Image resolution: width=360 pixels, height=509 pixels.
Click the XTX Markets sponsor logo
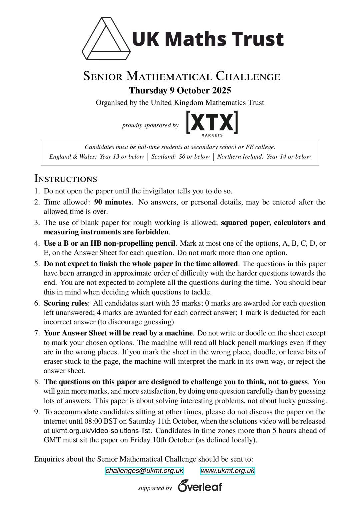click(212, 123)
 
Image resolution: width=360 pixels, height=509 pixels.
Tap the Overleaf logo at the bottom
click(200, 486)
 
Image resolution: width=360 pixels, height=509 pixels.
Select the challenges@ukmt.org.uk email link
click(144, 471)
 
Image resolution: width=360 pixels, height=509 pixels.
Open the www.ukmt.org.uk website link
click(227, 471)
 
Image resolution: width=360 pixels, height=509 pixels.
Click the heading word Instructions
click(66, 179)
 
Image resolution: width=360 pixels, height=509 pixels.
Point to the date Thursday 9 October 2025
click(180, 91)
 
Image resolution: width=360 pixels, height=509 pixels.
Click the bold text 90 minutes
click(113, 202)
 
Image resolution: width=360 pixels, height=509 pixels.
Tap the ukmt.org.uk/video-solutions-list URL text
click(101, 431)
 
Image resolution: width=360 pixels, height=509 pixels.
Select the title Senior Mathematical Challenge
click(182, 76)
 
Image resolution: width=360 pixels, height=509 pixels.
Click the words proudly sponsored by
click(150, 125)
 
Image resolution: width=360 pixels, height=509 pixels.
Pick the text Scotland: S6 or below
click(181, 157)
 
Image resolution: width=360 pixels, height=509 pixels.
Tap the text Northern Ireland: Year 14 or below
click(264, 157)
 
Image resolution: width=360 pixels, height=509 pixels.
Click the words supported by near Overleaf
click(155, 488)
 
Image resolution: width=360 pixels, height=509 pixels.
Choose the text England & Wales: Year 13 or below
click(96, 157)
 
